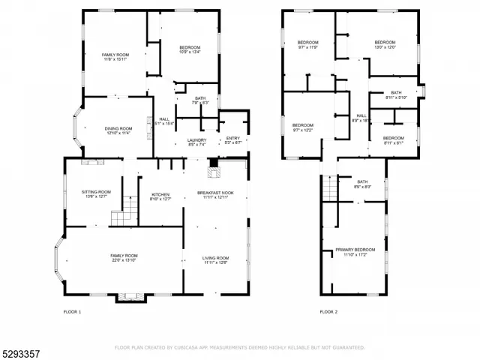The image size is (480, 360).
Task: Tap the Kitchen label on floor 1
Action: pyautogui.click(x=161, y=194)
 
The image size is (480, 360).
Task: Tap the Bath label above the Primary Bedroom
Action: pyautogui.click(x=362, y=184)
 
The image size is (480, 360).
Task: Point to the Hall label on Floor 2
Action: pyautogui.click(x=361, y=118)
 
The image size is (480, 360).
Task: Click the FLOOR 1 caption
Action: pyautogui.click(x=72, y=311)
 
